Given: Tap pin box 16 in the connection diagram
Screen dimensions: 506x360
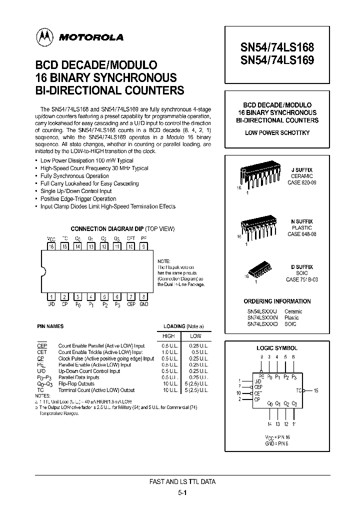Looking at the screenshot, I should [51, 246].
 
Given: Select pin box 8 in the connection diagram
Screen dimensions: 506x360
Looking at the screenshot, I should [144, 296].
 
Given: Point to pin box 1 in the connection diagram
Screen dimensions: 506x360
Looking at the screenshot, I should [51, 296].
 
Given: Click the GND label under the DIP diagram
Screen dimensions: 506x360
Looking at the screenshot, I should [144, 304].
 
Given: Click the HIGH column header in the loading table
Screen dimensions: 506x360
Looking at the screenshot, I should [169, 336].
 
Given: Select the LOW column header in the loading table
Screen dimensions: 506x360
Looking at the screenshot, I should [195, 336].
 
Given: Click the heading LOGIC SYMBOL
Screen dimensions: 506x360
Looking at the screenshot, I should [277, 348].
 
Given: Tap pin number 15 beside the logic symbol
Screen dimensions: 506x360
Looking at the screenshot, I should [315, 390].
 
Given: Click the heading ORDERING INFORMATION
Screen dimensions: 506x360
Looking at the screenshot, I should [277, 301].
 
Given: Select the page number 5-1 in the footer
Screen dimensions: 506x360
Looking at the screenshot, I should [182, 492].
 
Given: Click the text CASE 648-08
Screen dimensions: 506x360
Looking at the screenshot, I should [301, 234].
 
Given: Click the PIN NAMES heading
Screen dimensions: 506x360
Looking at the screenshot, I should [50, 326].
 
